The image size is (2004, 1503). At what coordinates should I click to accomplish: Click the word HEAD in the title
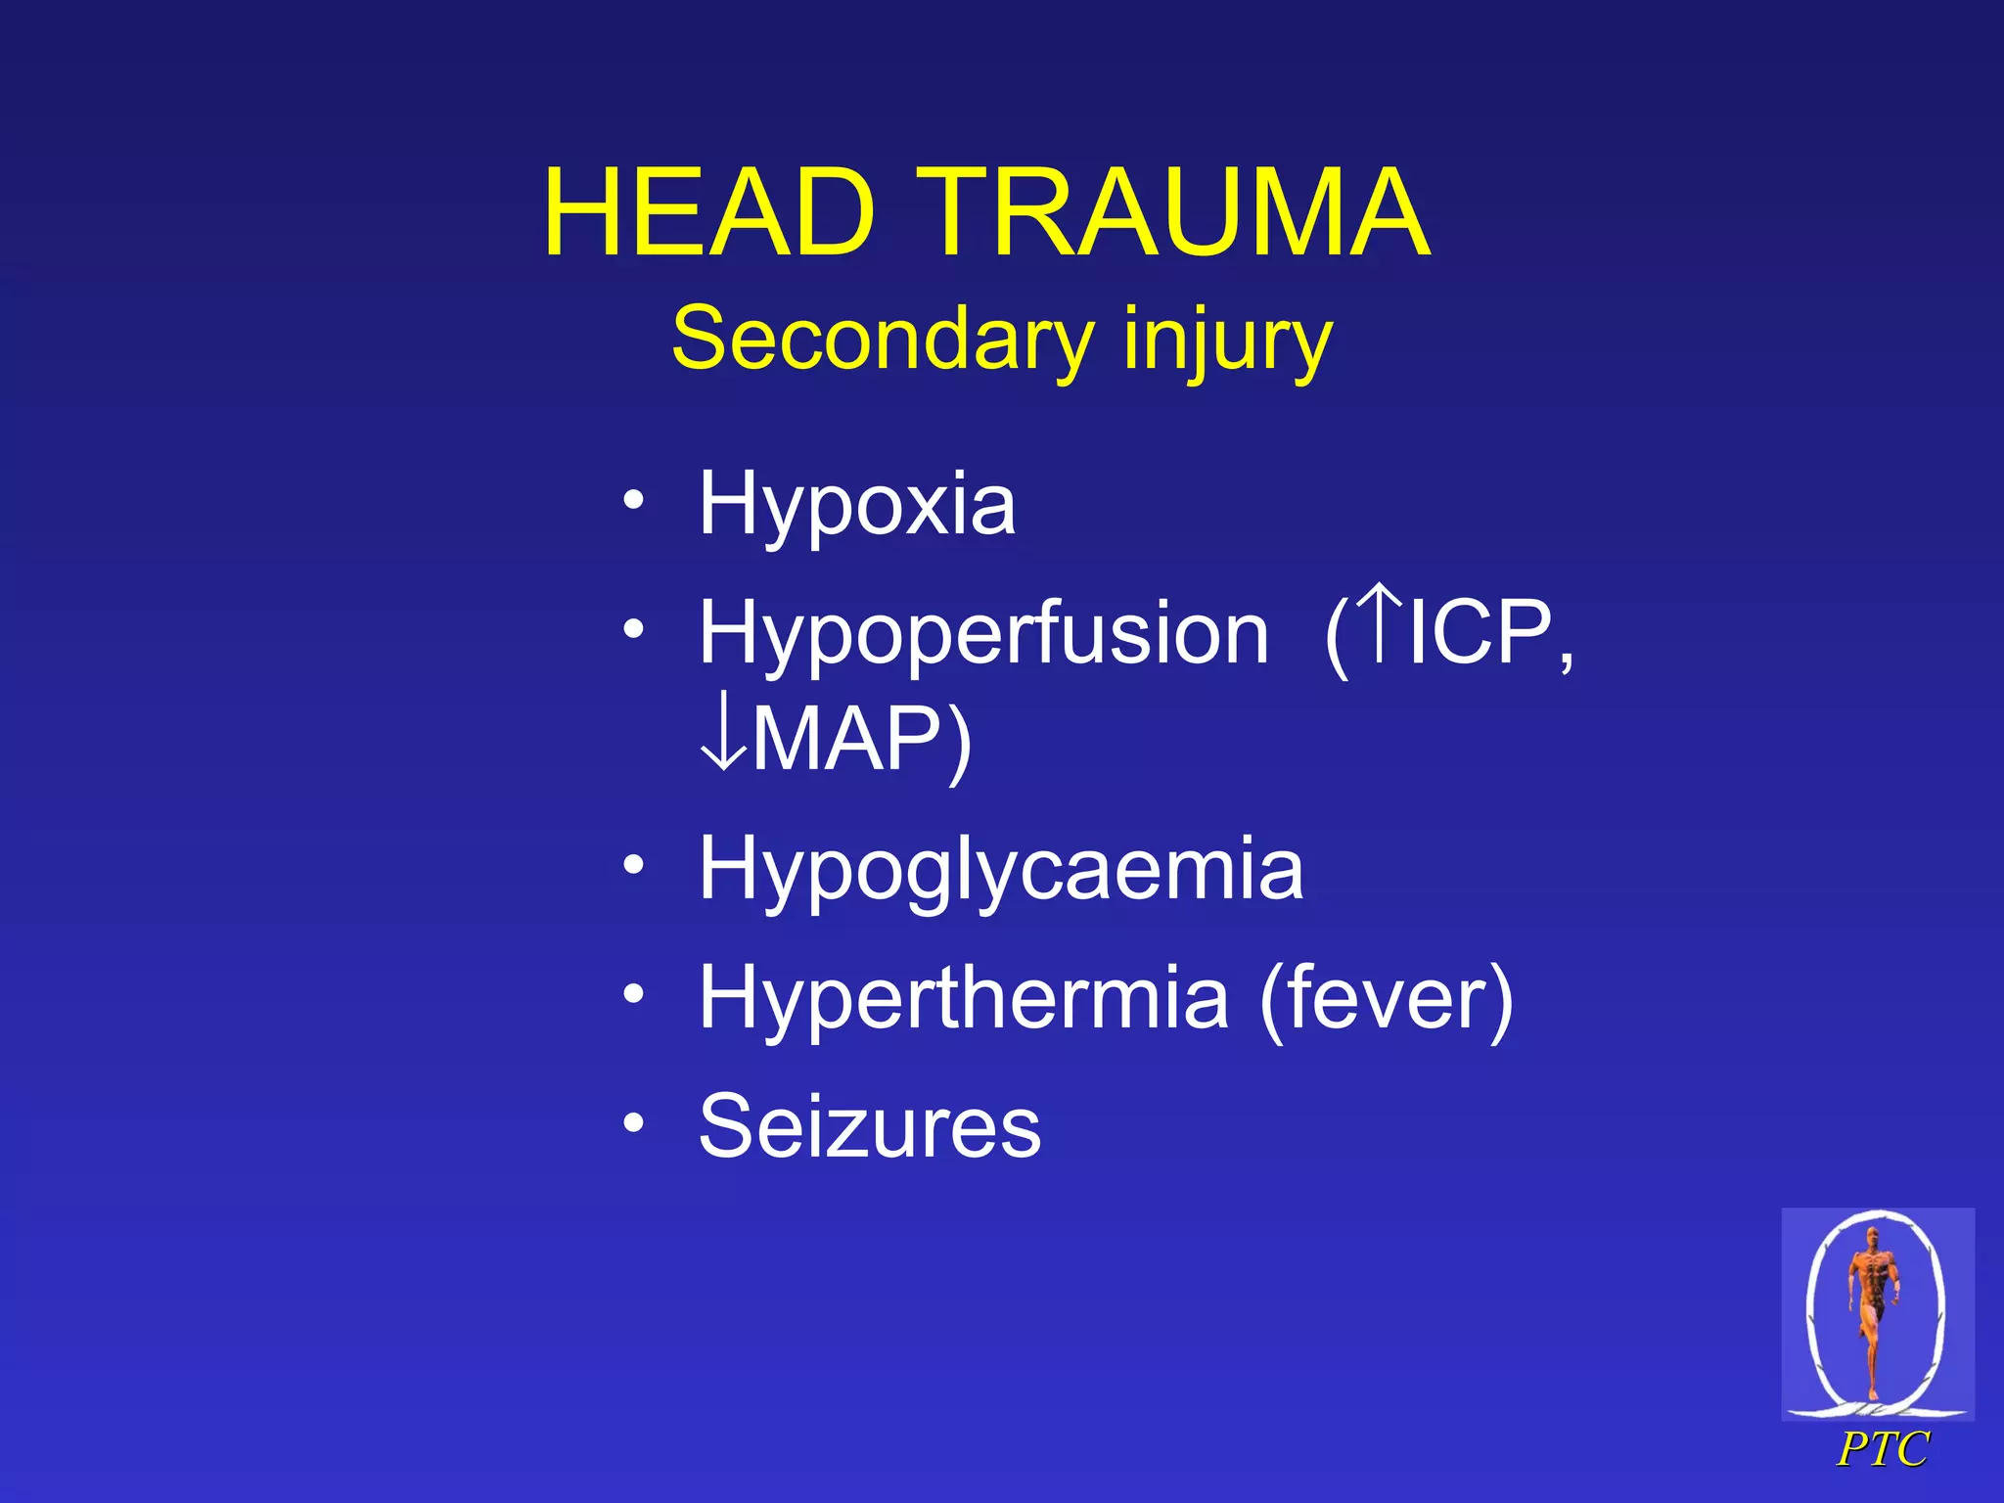[x=708, y=212]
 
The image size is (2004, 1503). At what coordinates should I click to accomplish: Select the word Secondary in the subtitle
[x=882, y=340]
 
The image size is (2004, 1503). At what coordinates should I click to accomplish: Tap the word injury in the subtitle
[x=1227, y=340]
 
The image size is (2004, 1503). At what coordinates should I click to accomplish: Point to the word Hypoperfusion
[x=983, y=634]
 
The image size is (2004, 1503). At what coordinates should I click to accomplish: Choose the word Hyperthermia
[x=963, y=998]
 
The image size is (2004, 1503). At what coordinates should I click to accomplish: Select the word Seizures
[x=870, y=1127]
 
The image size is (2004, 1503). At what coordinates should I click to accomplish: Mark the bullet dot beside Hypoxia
[x=634, y=502]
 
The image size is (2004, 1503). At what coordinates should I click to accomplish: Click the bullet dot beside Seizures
[x=634, y=1124]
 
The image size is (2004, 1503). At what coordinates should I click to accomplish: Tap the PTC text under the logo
[x=1882, y=1449]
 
